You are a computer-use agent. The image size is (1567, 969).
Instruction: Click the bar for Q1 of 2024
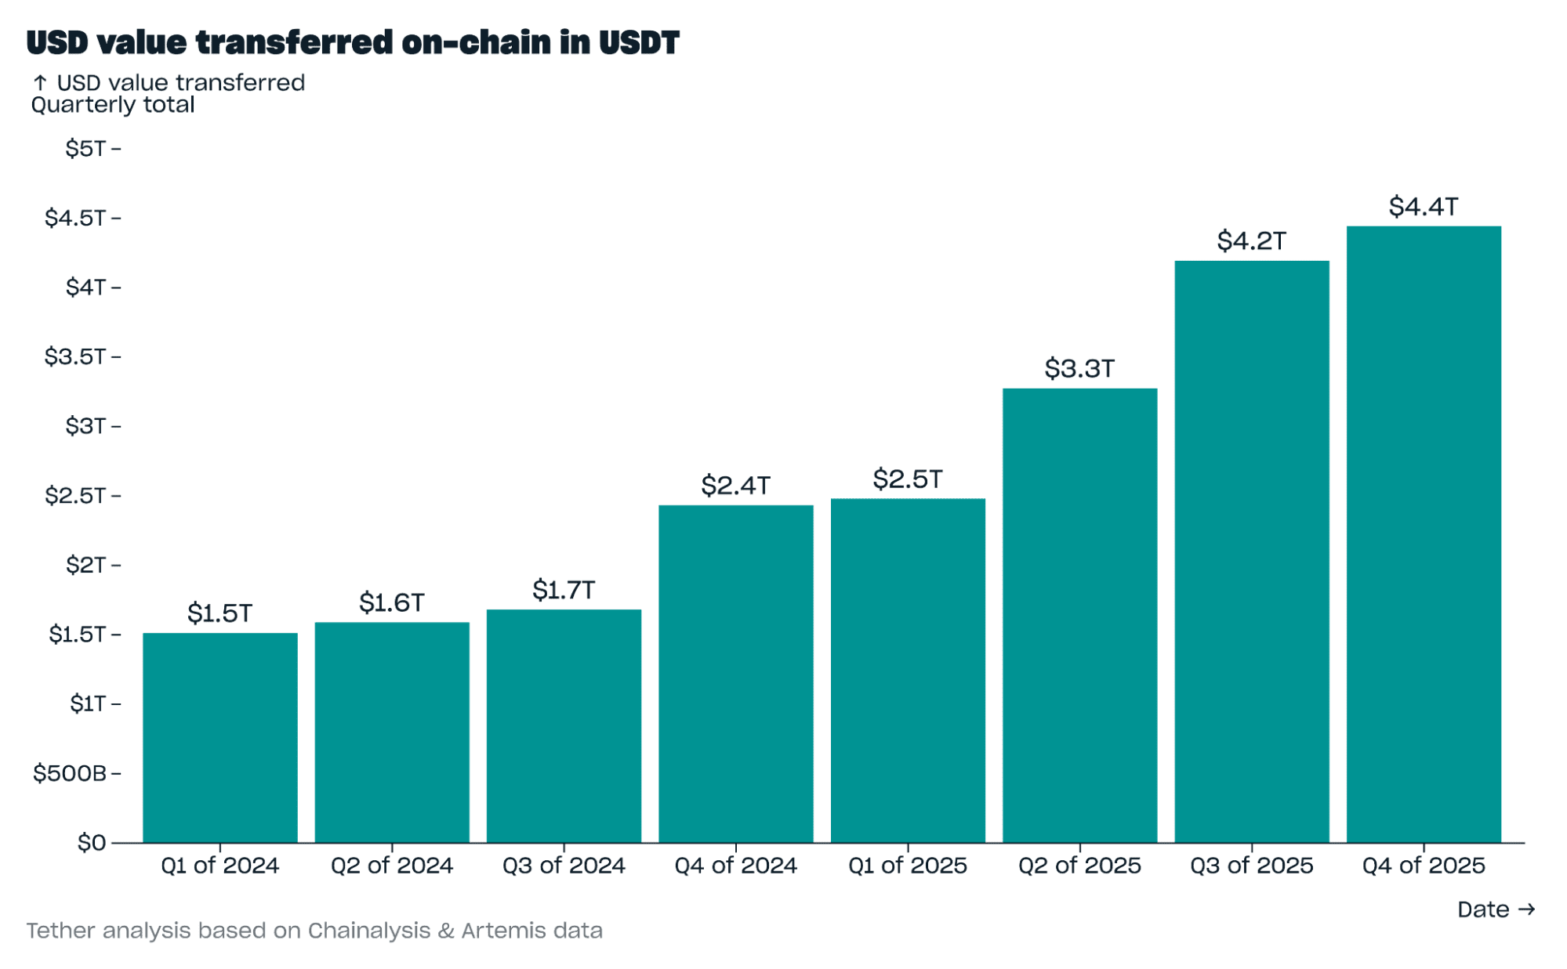pyautogui.click(x=220, y=737)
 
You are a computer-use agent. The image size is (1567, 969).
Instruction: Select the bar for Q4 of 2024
pyautogui.click(x=735, y=674)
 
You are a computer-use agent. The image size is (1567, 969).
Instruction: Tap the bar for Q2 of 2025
pyautogui.click(x=1079, y=615)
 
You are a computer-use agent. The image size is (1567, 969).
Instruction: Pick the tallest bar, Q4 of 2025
pyautogui.click(x=1423, y=534)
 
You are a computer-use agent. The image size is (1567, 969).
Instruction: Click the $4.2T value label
pyautogui.click(x=1251, y=240)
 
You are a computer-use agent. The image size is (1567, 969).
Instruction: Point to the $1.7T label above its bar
pyautogui.click(x=564, y=590)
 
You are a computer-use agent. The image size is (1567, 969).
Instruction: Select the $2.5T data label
pyautogui.click(x=907, y=479)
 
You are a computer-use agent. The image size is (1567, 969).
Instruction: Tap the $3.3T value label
pyautogui.click(x=1079, y=368)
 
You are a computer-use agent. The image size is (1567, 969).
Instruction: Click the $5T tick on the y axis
pyautogui.click(x=85, y=148)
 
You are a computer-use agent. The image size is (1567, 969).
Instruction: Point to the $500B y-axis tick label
pyautogui.click(x=70, y=773)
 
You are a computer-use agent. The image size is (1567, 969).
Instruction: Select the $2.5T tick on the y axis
pyautogui.click(x=75, y=495)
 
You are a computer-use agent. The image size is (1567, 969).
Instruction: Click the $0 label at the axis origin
pyautogui.click(x=91, y=843)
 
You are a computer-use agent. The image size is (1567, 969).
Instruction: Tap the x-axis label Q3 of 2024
pyautogui.click(x=564, y=866)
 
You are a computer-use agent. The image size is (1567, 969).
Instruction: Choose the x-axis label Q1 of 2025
pyautogui.click(x=907, y=866)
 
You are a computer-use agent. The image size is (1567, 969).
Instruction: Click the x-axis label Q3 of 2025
pyautogui.click(x=1251, y=866)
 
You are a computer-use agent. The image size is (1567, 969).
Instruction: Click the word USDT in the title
pyautogui.click(x=639, y=42)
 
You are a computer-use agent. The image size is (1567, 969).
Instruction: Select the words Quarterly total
pyautogui.click(x=113, y=105)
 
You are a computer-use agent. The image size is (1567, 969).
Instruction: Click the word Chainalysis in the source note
pyautogui.click(x=369, y=931)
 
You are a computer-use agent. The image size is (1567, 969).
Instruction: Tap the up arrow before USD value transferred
pyautogui.click(x=41, y=82)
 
